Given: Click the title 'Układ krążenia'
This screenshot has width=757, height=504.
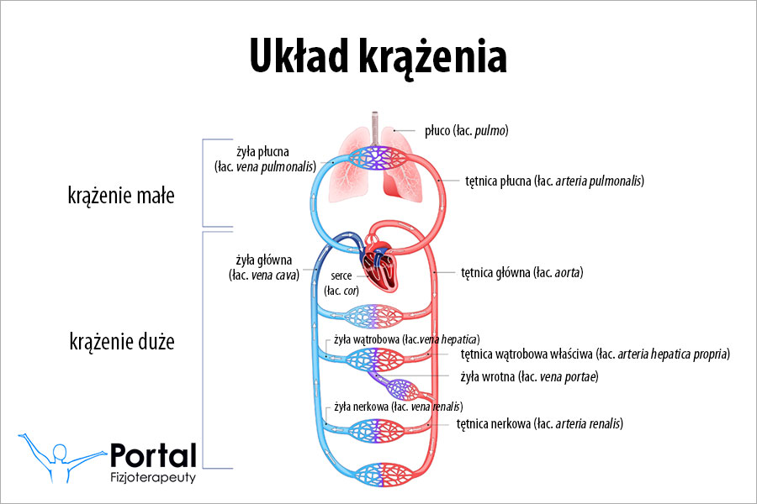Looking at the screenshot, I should click(x=378, y=57).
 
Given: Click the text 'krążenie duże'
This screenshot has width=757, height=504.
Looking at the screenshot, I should click(x=121, y=342).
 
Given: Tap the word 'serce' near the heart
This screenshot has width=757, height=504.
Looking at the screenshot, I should click(x=341, y=275).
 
